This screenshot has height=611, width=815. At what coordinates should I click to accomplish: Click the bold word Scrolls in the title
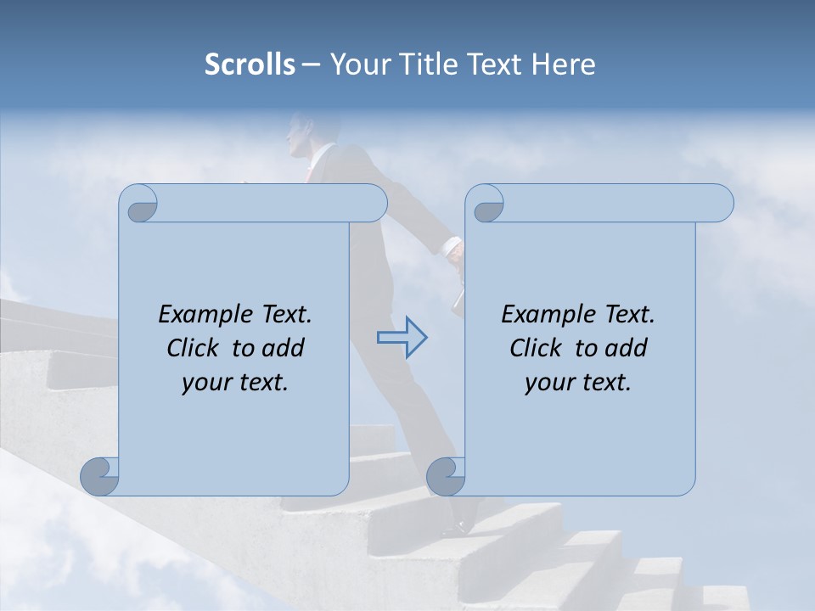(250, 64)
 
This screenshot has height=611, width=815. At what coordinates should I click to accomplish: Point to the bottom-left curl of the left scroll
(99, 476)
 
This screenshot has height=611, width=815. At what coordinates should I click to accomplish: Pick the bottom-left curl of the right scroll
(446, 476)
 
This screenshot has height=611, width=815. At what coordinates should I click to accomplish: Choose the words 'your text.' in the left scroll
(235, 382)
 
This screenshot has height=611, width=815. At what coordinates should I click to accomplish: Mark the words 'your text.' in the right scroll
(578, 382)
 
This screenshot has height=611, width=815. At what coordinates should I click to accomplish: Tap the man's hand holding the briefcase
(455, 251)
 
